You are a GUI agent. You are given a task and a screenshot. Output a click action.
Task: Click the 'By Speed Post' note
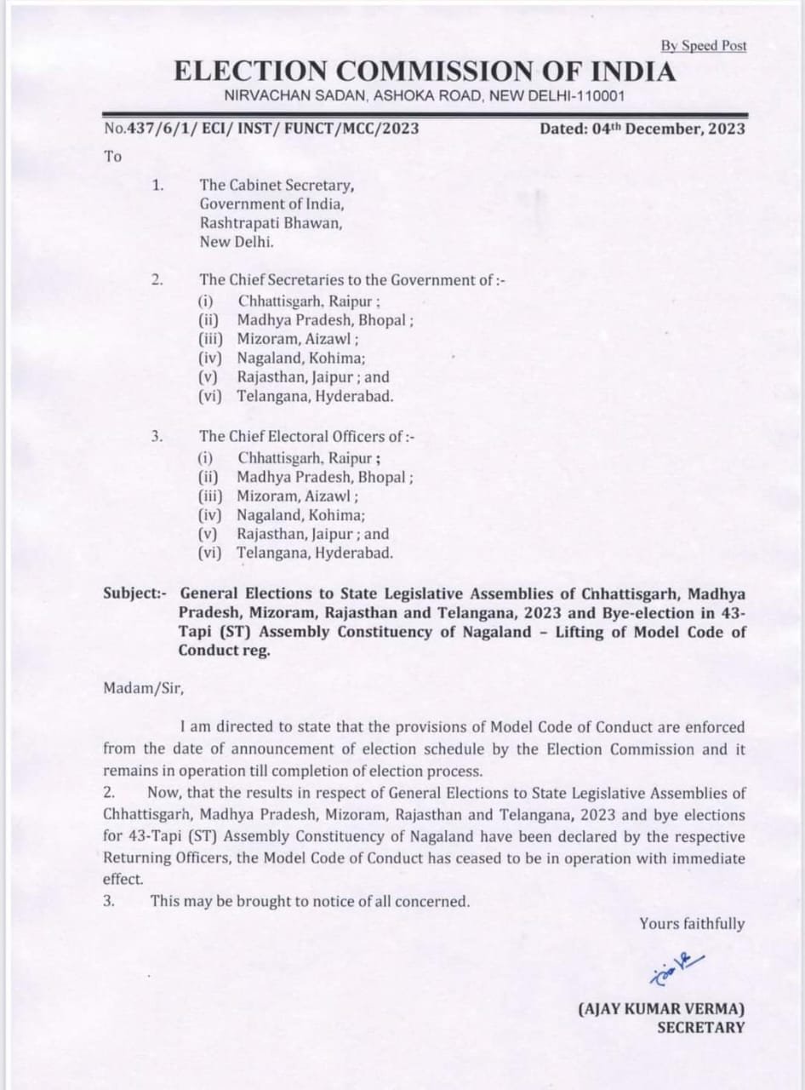[703, 46]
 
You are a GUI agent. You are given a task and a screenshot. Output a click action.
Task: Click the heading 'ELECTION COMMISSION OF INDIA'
[425, 72]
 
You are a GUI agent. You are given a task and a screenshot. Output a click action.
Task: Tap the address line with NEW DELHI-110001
[424, 96]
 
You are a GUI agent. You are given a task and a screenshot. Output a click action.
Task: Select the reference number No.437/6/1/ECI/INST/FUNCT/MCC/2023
[261, 129]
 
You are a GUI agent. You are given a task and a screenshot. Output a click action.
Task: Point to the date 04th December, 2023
[642, 129]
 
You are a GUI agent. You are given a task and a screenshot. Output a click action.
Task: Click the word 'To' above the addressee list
[112, 156]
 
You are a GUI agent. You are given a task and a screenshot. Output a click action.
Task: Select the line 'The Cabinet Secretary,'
[277, 184]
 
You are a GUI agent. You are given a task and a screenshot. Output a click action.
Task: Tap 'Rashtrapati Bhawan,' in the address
[271, 222]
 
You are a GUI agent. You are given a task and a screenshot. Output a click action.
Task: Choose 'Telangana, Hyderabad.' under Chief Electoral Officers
[315, 554]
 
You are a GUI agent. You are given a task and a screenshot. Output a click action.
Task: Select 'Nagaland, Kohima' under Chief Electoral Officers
[301, 515]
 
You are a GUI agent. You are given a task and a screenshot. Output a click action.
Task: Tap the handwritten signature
[675, 964]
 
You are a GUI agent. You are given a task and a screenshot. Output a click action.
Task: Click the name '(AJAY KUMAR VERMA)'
[661, 1008]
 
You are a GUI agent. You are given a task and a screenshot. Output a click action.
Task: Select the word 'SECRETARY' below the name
[699, 1027]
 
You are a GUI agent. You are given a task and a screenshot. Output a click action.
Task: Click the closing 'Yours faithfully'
[692, 924]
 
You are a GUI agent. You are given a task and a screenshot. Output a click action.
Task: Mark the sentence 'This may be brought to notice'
[310, 901]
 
